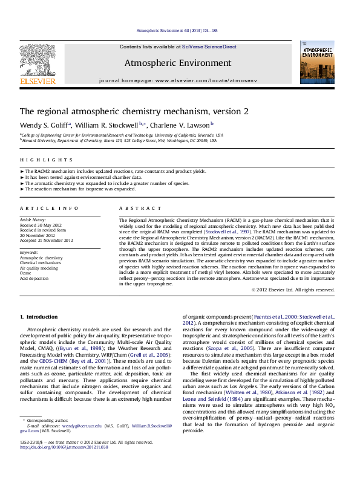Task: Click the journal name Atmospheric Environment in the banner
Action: [x=178, y=63]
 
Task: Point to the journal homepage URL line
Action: [x=178, y=80]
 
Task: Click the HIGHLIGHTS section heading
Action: [x=38, y=160]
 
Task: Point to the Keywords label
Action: [x=29, y=251]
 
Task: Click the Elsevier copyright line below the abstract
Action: [x=293, y=290]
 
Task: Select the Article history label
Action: [x=34, y=220]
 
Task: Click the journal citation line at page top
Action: [x=178, y=30]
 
